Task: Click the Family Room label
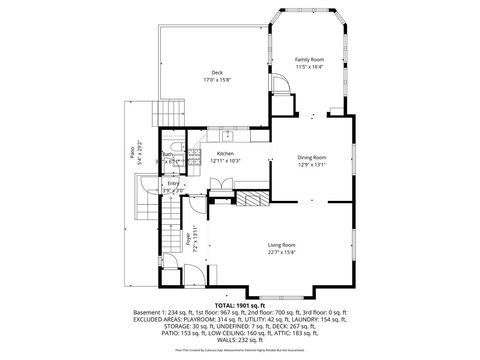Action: (x=309, y=60)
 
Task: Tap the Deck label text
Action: (x=216, y=73)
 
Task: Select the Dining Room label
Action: (x=312, y=157)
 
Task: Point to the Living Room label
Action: (x=281, y=245)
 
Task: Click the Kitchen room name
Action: (x=225, y=153)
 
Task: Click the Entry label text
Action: (x=173, y=183)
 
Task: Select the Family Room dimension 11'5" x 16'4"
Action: (x=309, y=68)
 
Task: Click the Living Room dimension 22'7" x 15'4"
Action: (x=281, y=252)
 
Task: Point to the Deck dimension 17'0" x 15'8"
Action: (x=216, y=81)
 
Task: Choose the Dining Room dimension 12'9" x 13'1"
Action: (x=312, y=165)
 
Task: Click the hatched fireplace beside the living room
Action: (x=251, y=199)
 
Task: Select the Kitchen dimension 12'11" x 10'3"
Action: (x=225, y=161)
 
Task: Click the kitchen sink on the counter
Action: (x=228, y=134)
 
